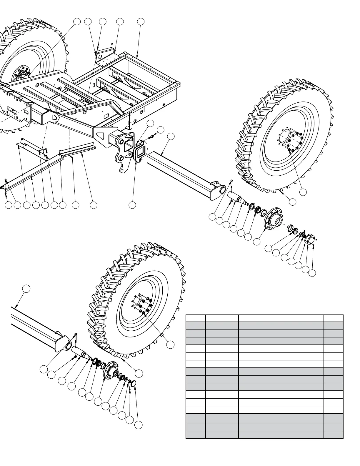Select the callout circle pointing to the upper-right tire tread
coord(292,202)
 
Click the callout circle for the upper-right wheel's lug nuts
coord(303,192)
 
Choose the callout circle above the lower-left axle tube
coord(26,288)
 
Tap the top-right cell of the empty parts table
coord(333,318)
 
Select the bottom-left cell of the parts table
coord(196,434)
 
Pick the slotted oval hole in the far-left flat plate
coord(12,109)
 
